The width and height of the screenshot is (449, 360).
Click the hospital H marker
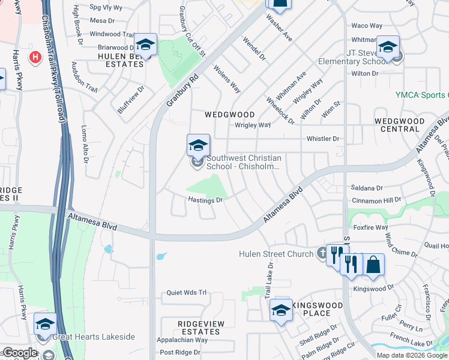click(35, 58)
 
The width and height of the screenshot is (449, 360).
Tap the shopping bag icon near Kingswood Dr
click(373, 265)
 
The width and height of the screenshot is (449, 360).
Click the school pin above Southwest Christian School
click(198, 145)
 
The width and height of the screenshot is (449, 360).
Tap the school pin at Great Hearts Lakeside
click(45, 324)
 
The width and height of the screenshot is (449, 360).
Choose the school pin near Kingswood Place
click(280, 310)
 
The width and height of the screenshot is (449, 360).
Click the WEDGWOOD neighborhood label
click(229, 114)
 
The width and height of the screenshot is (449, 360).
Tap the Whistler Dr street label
click(323, 139)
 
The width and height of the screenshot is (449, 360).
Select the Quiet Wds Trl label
click(186, 293)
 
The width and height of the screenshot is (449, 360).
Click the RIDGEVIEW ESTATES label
click(199, 328)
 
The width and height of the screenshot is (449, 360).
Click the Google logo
click(20, 353)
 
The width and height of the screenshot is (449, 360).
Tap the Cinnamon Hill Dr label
click(375, 200)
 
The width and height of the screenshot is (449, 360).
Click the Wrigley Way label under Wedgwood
click(253, 125)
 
